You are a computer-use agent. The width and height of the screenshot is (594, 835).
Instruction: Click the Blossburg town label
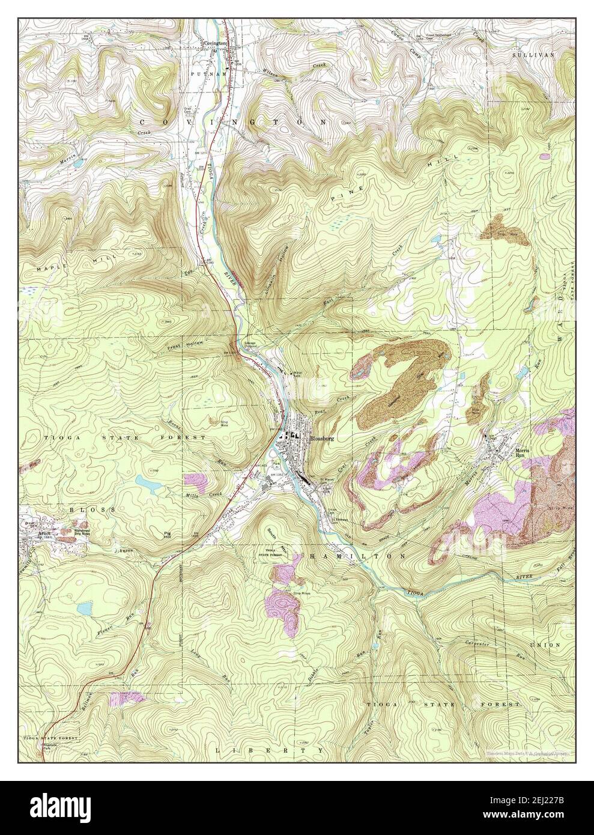point(321,439)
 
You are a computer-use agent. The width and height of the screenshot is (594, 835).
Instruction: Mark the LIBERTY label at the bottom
point(270,750)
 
